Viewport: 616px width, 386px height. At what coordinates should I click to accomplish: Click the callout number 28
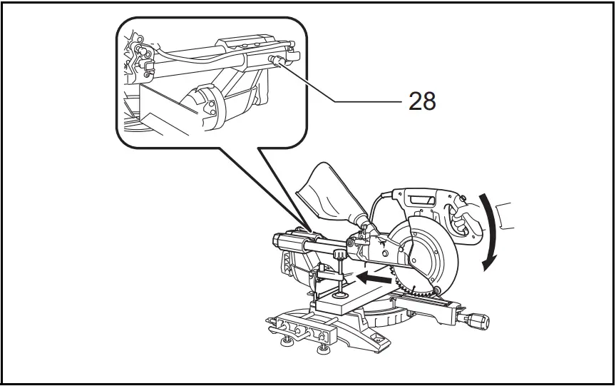coord(422,101)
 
